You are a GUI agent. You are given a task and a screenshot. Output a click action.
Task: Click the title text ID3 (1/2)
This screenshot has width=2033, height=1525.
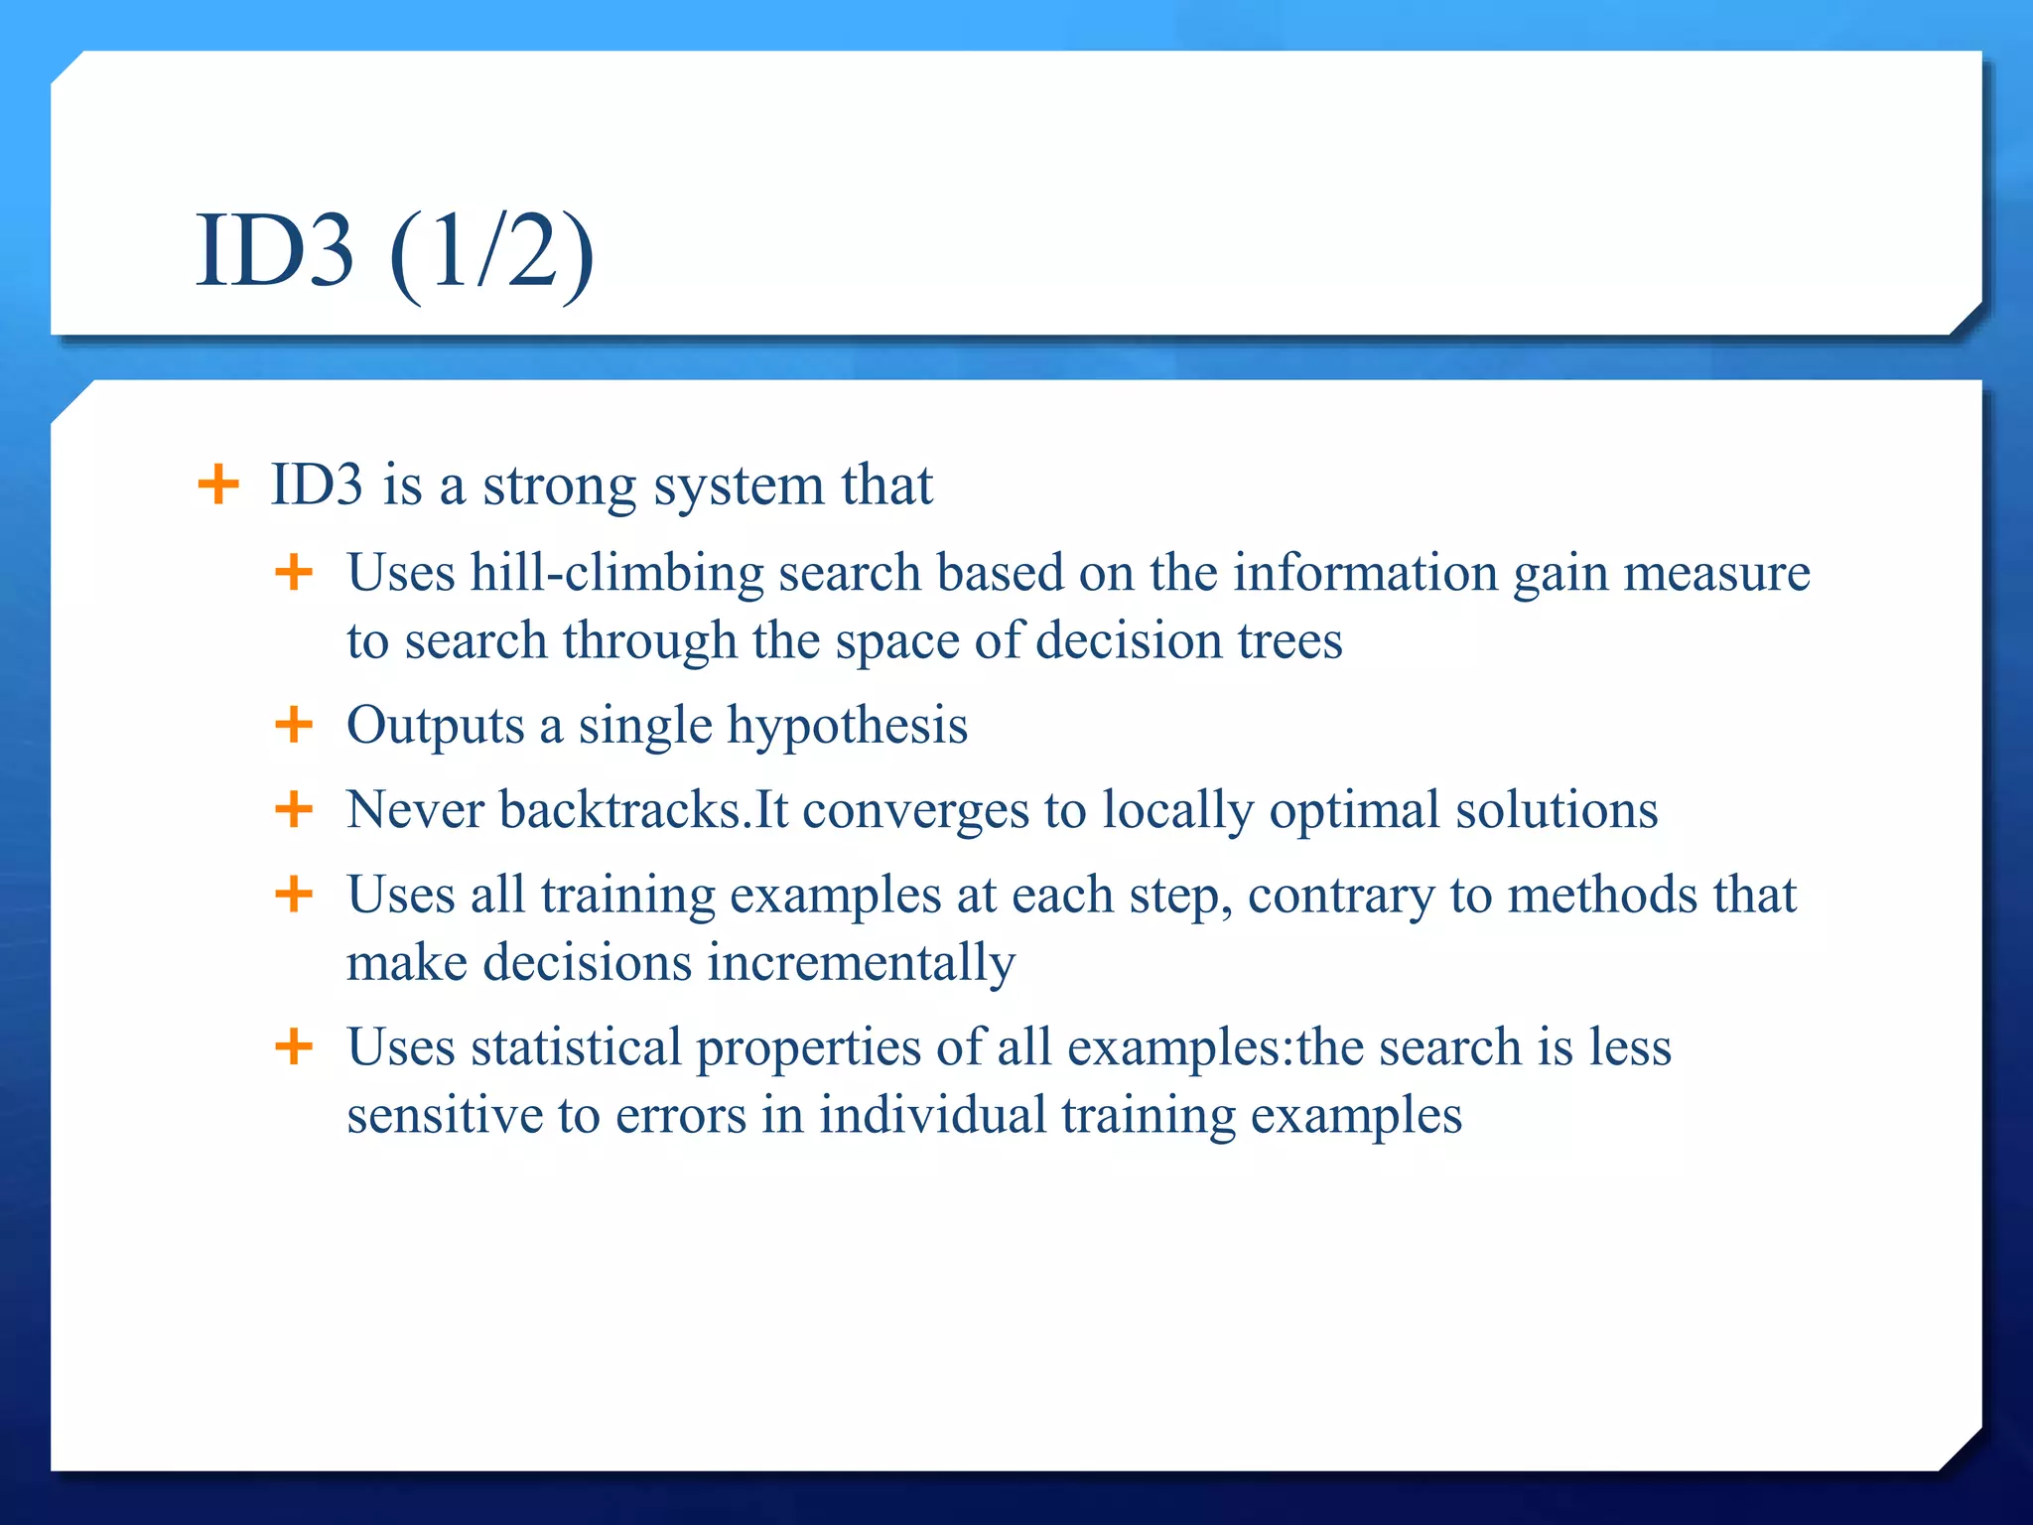pyautogui.click(x=394, y=253)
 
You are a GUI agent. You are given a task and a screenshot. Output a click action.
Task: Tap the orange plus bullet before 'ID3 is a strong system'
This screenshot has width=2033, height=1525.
pyautogui.click(x=218, y=485)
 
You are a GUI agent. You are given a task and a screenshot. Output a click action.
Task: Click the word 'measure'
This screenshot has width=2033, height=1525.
pyautogui.click(x=1716, y=573)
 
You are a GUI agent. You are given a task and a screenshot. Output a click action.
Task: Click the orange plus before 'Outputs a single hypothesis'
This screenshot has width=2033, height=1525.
pyautogui.click(x=294, y=725)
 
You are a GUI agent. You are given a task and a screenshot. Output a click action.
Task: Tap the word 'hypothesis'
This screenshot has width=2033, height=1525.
pyautogui.click(x=847, y=727)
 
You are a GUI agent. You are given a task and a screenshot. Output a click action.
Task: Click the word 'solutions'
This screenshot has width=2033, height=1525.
pyautogui.click(x=1556, y=810)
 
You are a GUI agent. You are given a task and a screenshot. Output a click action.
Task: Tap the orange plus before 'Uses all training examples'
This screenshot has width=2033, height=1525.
pyautogui.click(x=294, y=895)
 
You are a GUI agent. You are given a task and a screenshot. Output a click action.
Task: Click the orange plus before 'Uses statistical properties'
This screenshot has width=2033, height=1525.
pyautogui.click(x=294, y=1046)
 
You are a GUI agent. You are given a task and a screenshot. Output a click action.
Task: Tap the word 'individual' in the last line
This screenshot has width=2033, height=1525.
pyautogui.click(x=932, y=1115)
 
